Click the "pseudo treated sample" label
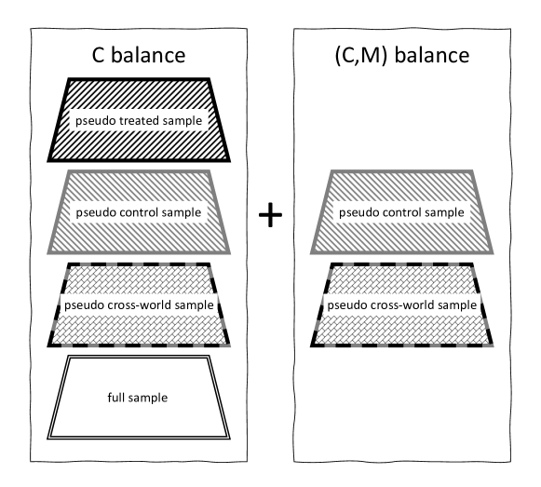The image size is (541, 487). [x=141, y=120]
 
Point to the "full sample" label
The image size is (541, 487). [x=141, y=399]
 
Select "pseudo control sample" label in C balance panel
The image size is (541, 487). [x=141, y=213]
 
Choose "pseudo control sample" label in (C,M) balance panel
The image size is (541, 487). [x=400, y=213]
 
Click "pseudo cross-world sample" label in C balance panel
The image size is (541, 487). [x=141, y=305]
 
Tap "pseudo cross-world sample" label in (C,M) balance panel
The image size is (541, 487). [x=400, y=305]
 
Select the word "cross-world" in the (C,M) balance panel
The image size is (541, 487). [x=398, y=305]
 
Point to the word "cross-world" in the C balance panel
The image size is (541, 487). [x=138, y=305]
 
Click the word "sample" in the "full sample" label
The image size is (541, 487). [x=151, y=399]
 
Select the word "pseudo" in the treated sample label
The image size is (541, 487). [x=96, y=120]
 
